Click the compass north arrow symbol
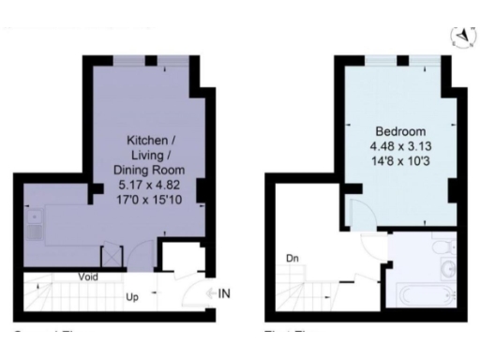point(461,37)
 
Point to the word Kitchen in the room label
point(149,141)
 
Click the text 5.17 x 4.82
point(149,186)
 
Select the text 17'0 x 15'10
point(149,201)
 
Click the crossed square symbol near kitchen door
point(112,254)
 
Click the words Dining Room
point(149,171)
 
